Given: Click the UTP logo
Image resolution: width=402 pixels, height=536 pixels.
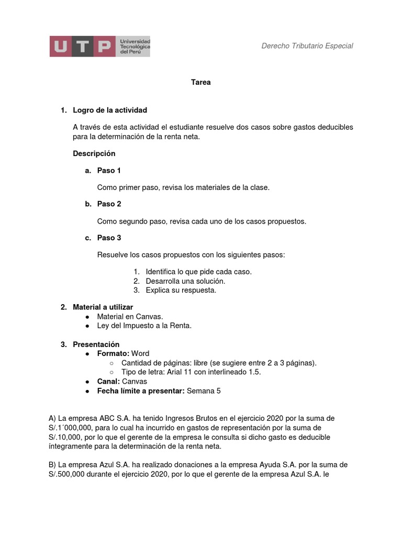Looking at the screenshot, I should [99, 47].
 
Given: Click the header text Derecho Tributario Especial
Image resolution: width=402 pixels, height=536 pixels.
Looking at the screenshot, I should [307, 46].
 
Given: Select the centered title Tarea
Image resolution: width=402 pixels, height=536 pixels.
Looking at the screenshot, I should [201, 82].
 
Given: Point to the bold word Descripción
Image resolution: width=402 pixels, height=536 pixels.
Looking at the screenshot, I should [94, 153].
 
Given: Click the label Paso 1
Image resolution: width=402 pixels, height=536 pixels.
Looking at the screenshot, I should [109, 171].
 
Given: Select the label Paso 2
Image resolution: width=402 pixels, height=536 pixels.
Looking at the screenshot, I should [109, 204].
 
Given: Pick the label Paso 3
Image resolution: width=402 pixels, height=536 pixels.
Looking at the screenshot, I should [109, 238].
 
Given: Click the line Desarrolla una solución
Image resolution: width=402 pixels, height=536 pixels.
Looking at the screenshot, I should [185, 281].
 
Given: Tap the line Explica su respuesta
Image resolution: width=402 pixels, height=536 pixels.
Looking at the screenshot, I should [181, 290].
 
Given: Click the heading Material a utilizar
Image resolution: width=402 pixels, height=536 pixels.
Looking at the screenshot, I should [103, 307].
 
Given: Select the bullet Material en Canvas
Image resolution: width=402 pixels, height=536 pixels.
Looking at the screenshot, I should [130, 316].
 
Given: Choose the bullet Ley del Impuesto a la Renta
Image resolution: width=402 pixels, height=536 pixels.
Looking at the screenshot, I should [144, 326].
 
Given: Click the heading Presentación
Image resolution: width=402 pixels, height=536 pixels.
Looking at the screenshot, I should [96, 344].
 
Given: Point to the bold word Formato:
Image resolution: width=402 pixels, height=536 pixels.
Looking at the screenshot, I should [113, 354].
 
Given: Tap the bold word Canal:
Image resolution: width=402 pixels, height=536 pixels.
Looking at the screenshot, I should [108, 382].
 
